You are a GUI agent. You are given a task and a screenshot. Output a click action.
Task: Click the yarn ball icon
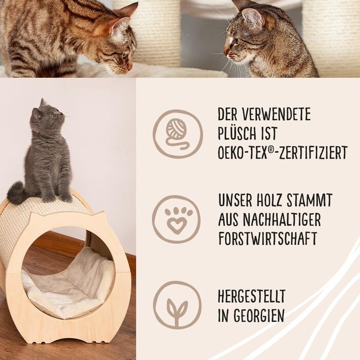coord(178,134)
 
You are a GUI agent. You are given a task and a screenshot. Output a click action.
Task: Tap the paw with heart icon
coord(176,220)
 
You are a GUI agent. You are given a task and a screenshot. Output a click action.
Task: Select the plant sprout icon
coord(177,305)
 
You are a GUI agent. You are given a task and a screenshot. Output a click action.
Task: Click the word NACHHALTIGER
coord(282,219)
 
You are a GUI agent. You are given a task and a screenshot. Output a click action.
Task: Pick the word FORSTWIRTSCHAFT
coord(268,239)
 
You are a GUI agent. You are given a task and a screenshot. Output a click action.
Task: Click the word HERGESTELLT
coord(251,296)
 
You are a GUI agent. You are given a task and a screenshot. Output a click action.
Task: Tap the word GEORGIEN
coord(259,315)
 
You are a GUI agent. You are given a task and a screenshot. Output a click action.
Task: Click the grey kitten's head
coord(47,115)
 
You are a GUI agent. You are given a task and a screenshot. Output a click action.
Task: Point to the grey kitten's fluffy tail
coord(16,192)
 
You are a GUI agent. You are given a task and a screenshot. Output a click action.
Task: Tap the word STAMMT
coord(309,200)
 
